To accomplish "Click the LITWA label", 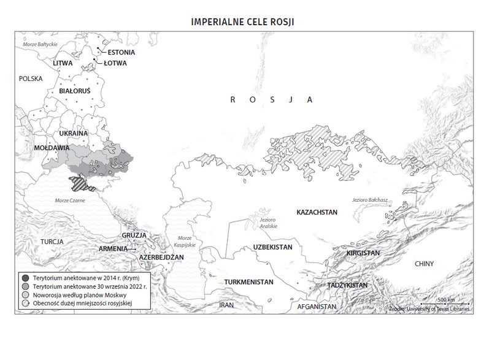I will coord(63,63).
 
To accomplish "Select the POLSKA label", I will coord(29,79).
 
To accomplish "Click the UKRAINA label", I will coord(73,133).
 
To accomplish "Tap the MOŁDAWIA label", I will coord(52,148).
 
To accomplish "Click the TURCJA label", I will coord(52,242).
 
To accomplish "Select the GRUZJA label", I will coord(133,236).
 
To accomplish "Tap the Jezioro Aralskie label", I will coord(268,223).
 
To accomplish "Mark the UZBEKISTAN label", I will coord(271,247).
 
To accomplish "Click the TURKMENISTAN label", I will coord(248,281).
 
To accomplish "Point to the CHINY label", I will coord(423,264).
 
